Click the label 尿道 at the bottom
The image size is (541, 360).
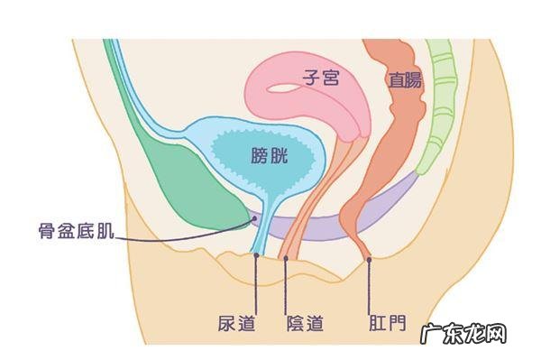pyautogui.click(x=236, y=322)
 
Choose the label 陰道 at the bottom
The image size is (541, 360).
pyautogui.click(x=303, y=322)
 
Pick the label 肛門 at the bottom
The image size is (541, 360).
pyautogui.click(x=386, y=322)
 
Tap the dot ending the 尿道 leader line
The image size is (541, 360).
pyautogui.click(x=256, y=255)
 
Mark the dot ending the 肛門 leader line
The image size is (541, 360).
pyautogui.click(x=370, y=261)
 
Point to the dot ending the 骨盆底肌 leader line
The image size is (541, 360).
pyautogui.click(x=255, y=217)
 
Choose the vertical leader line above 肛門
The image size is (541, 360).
pyautogui.click(x=370, y=284)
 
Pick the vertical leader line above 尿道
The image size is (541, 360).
pyautogui.click(x=256, y=284)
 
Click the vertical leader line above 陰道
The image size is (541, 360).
pyautogui.click(x=286, y=284)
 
